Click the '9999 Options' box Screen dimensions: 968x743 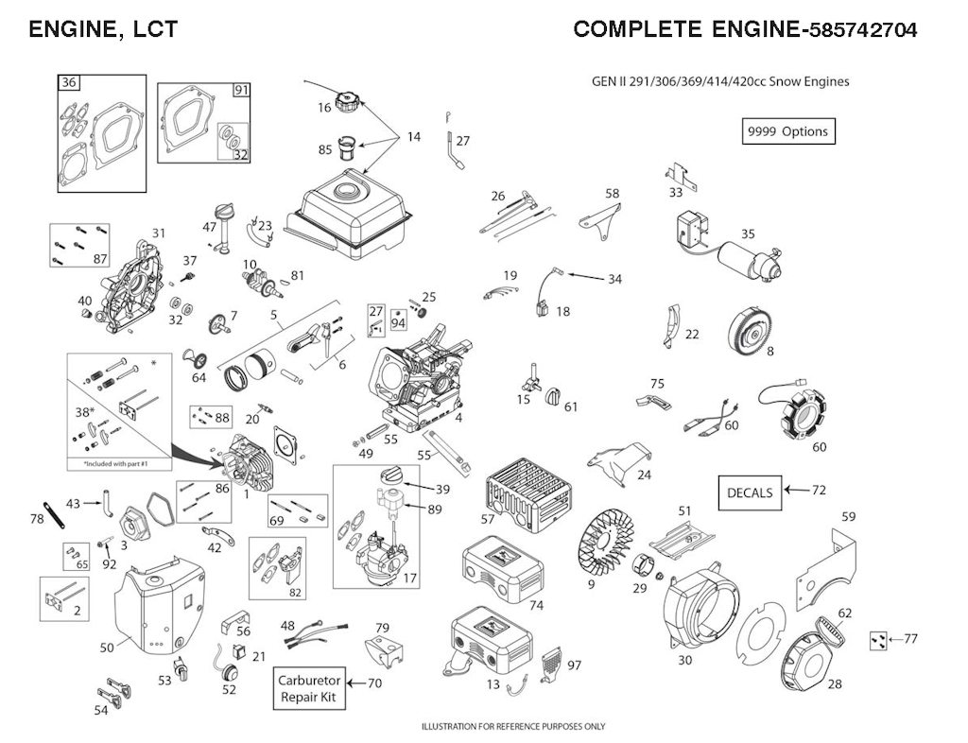[788, 131]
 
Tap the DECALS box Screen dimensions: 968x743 [750, 492]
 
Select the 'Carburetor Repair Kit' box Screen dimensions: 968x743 [309, 689]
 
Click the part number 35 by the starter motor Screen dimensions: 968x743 [749, 233]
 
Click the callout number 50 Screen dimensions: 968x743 [107, 648]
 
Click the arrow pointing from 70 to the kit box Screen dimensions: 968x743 [355, 683]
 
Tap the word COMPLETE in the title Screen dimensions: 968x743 [638, 29]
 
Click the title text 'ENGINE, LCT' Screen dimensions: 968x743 [103, 29]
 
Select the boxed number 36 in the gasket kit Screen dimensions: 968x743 [68, 82]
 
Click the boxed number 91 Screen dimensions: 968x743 [241, 90]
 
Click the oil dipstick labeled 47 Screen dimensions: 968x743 [220, 228]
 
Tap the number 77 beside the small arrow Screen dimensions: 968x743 [910, 639]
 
